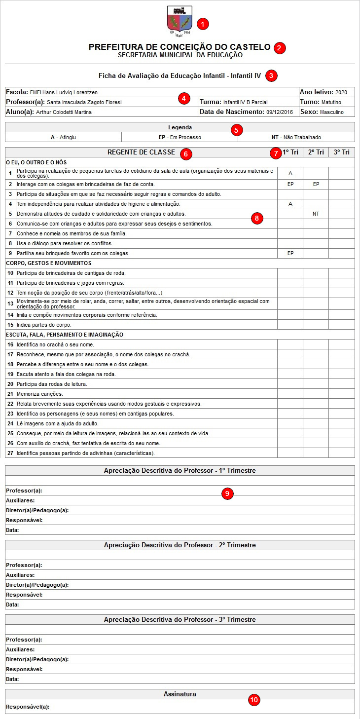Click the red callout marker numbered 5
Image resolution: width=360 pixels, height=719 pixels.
237,130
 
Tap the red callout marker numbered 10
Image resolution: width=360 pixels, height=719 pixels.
253,700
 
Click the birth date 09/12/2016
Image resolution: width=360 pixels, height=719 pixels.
280,112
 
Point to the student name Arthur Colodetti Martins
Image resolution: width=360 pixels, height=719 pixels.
64,112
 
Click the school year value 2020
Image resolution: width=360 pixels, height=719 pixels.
341,92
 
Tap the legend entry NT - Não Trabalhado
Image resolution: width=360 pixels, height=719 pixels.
296,137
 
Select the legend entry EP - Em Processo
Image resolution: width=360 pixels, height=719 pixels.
180,137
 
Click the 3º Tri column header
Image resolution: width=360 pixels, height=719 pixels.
342,152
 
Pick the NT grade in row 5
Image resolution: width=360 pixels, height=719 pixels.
316,214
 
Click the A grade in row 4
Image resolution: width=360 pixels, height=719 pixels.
290,204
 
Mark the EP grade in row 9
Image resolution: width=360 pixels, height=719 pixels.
290,253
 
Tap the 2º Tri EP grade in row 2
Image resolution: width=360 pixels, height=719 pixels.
316,184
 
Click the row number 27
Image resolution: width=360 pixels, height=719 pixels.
10,453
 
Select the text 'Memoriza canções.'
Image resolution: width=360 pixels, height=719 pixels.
39,394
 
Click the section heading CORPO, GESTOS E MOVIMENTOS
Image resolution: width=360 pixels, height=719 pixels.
48,263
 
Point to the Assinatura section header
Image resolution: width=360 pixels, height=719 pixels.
180,694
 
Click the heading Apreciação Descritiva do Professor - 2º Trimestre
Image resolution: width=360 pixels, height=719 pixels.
180,545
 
